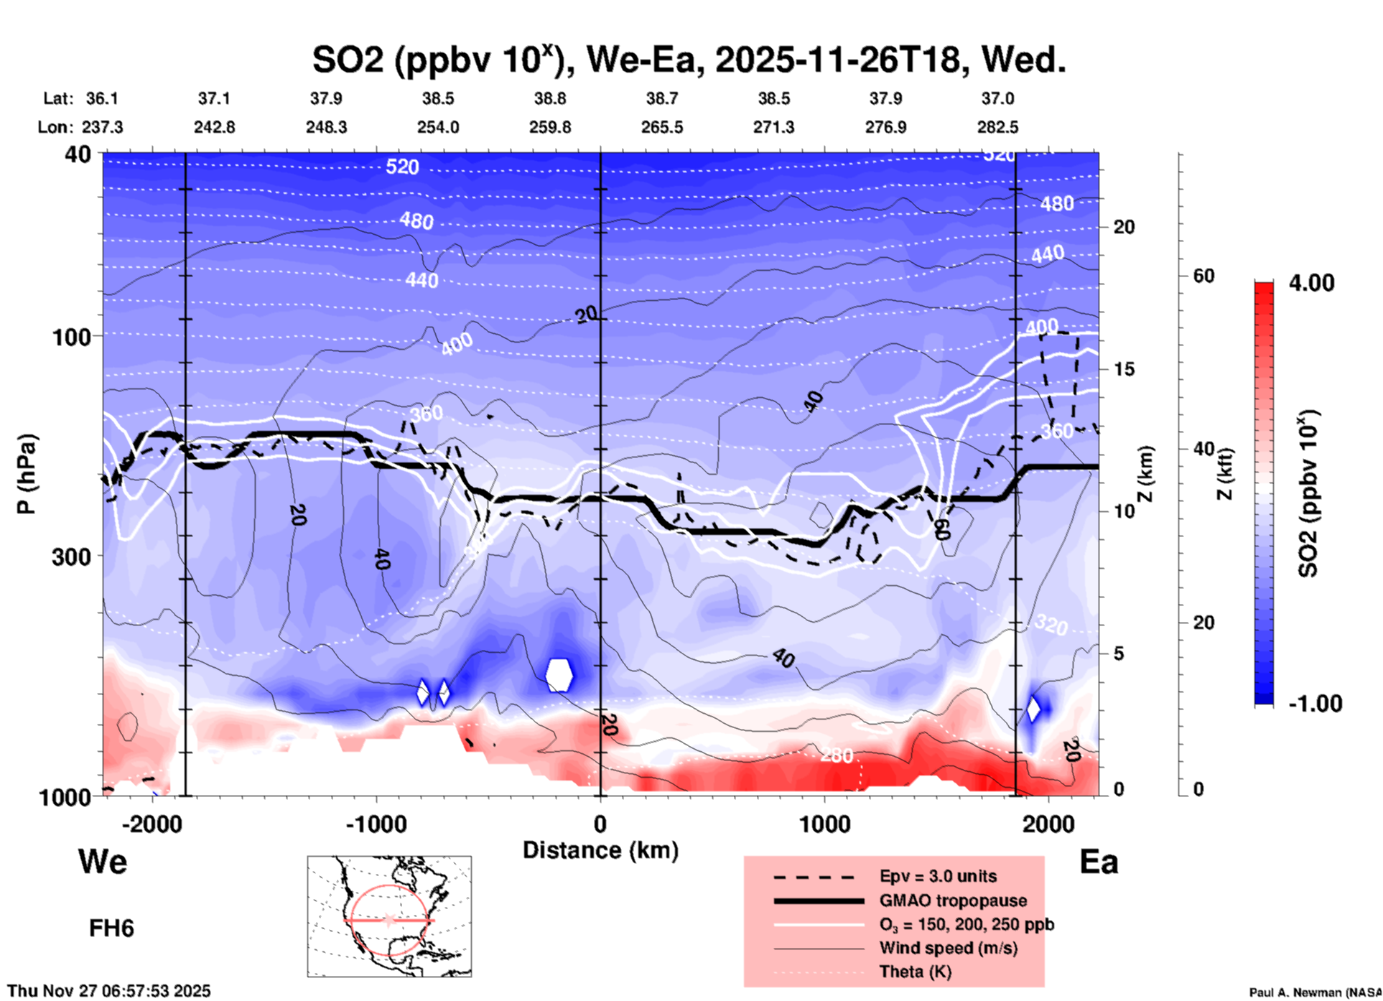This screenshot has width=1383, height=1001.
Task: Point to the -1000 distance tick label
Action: (x=376, y=824)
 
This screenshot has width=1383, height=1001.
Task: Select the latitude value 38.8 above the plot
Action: (x=549, y=98)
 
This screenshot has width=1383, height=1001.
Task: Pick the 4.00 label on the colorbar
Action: (x=1311, y=282)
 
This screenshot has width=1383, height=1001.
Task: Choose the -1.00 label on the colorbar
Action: (x=1315, y=703)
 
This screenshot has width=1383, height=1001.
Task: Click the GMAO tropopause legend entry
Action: (x=953, y=900)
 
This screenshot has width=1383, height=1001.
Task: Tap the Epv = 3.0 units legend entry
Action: (x=938, y=876)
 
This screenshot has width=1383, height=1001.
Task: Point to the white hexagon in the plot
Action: (x=559, y=675)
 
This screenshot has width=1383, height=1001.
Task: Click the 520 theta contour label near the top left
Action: (x=402, y=167)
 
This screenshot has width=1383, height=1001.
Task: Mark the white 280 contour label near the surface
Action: (x=837, y=755)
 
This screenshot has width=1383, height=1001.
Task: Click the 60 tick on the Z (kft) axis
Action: (x=1203, y=276)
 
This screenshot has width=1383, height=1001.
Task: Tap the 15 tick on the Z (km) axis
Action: (x=1124, y=369)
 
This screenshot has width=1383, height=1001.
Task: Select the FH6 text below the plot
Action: (x=111, y=928)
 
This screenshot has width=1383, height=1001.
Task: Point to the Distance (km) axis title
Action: (x=600, y=850)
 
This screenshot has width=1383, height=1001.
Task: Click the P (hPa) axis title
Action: (x=26, y=474)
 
